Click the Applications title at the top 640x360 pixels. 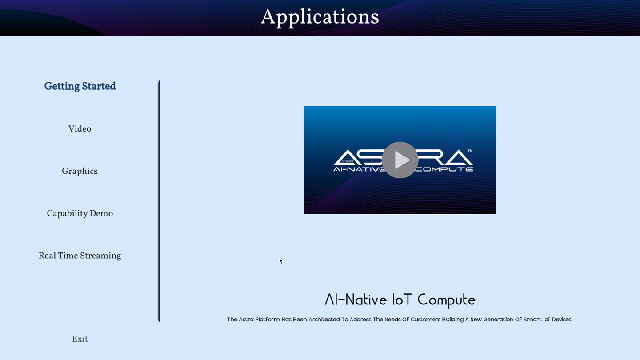tap(320, 17)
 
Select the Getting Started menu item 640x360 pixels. tap(80, 86)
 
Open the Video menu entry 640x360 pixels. tap(80, 129)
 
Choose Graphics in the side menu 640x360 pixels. tap(80, 171)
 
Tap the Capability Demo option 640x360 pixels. tap(80, 213)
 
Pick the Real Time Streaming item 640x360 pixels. tap(80, 256)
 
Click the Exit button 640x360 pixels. tap(80, 339)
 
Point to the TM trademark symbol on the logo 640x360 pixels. tap(470, 151)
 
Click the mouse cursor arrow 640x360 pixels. tap(280, 260)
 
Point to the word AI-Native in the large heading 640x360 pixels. tap(356, 300)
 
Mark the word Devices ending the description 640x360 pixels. tap(561, 320)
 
